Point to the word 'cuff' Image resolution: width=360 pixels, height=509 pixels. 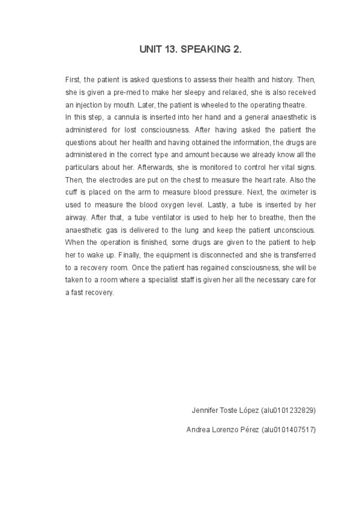[72, 192]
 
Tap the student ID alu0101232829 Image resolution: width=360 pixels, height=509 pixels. [289, 411]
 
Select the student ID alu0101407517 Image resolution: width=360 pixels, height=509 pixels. [289, 430]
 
